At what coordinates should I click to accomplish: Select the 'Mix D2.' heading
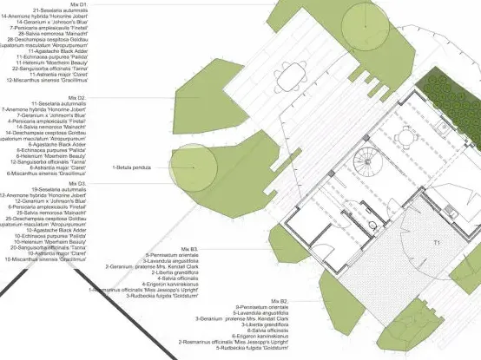click(x=100, y=98)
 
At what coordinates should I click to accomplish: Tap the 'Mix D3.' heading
click(x=100, y=184)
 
